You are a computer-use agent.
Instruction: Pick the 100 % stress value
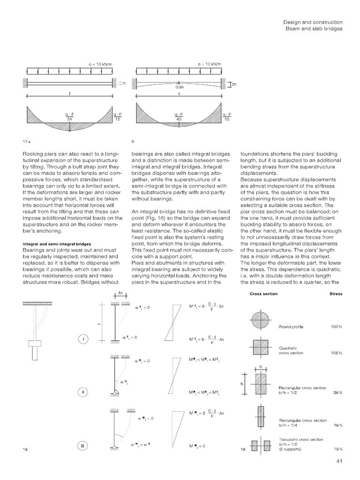click(x=336, y=326)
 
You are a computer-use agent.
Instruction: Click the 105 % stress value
click(x=336, y=352)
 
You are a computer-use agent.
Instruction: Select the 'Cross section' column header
click(x=263, y=294)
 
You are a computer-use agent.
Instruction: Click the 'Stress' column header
click(x=336, y=294)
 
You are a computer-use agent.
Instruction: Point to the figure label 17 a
click(x=27, y=140)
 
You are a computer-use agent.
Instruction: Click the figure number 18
click(x=25, y=450)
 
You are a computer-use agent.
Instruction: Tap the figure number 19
click(x=242, y=450)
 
